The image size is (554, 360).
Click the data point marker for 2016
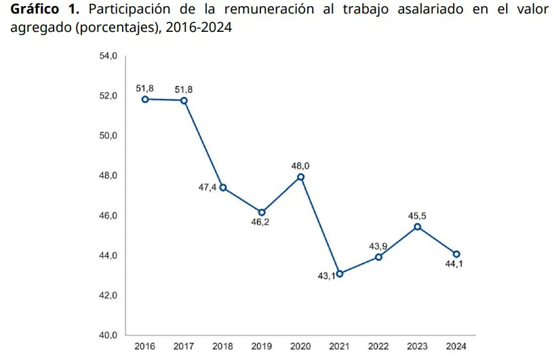[x=145, y=99]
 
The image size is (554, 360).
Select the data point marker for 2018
[x=223, y=188]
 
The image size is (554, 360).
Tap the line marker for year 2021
[x=340, y=274]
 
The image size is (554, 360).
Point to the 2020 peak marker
[x=300, y=177]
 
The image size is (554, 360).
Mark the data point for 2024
[x=456, y=254]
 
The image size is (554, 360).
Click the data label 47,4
[x=207, y=188]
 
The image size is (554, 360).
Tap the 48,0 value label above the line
[x=300, y=165]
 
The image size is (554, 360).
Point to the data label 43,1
[x=326, y=276]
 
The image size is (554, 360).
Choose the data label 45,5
[x=417, y=216]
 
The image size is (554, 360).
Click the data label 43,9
[x=378, y=246]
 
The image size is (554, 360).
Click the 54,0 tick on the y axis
[x=108, y=56]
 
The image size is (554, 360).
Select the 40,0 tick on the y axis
[x=108, y=336]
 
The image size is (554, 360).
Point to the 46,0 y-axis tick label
[x=108, y=216]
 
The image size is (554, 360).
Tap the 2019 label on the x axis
[x=262, y=347]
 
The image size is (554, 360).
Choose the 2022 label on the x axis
[x=378, y=347]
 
